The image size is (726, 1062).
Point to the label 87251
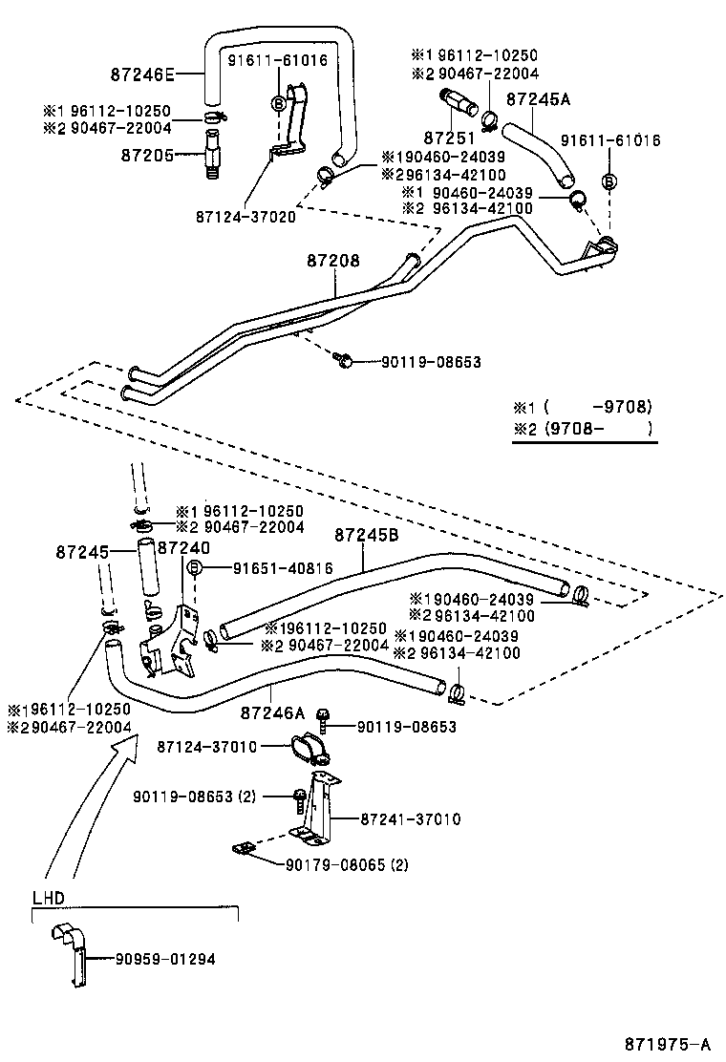click(450, 138)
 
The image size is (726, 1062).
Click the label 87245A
click(538, 99)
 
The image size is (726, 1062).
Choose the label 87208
click(333, 260)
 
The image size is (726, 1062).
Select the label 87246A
click(272, 712)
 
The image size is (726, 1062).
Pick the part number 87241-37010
click(411, 818)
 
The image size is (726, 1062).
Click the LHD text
click(48, 898)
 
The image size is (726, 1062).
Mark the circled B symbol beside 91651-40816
click(194, 568)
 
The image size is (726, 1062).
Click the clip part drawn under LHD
click(73, 951)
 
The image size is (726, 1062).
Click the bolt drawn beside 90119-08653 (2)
click(299, 796)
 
